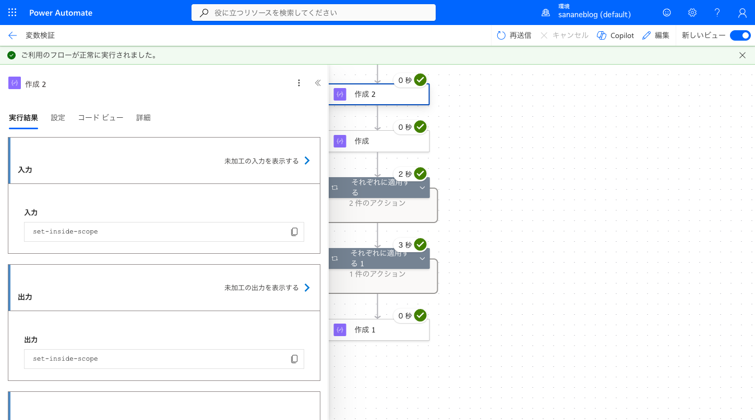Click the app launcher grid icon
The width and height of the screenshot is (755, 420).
click(12, 13)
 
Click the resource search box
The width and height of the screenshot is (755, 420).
click(314, 13)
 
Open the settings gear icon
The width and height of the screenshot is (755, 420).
click(692, 13)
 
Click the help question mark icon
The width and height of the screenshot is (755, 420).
click(717, 13)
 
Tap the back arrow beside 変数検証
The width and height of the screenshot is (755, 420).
click(13, 35)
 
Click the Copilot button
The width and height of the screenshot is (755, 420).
click(615, 35)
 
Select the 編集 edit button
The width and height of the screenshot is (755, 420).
click(655, 35)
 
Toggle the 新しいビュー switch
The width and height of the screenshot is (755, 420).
click(740, 35)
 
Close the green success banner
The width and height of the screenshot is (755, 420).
click(742, 55)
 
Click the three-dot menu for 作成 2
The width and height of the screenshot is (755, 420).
click(298, 83)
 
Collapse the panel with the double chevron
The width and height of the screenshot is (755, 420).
click(318, 83)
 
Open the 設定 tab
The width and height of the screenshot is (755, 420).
click(58, 118)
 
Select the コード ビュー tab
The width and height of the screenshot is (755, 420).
click(101, 118)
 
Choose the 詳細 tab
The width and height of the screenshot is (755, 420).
click(143, 118)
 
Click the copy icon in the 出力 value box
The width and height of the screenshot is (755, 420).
click(294, 359)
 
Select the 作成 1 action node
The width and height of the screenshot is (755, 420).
click(379, 330)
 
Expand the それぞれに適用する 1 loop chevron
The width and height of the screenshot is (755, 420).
click(422, 258)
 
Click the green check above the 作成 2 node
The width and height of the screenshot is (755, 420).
click(420, 80)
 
